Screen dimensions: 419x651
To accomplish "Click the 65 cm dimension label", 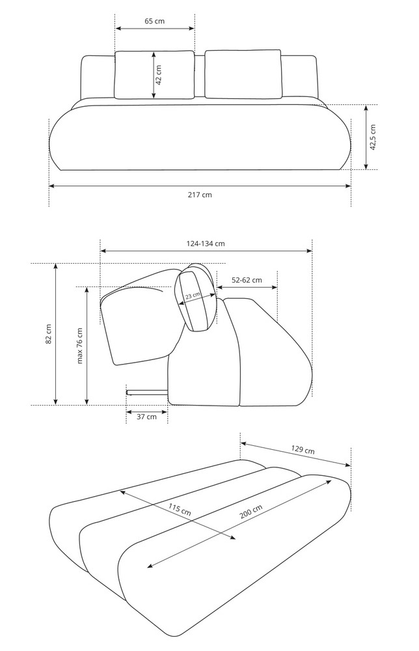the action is tap(154, 21).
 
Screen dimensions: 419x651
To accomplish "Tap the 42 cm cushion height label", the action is tap(159, 75).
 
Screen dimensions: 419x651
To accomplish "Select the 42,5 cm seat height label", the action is tap(373, 137).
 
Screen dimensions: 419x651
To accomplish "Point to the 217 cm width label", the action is tap(200, 194).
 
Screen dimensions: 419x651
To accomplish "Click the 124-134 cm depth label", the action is tap(206, 243).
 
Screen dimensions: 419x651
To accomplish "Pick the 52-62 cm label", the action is tap(247, 280).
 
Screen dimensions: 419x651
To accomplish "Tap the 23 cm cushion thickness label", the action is tap(193, 296).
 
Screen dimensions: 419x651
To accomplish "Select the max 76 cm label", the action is tap(79, 346).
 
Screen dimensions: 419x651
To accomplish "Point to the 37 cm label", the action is tap(147, 417).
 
